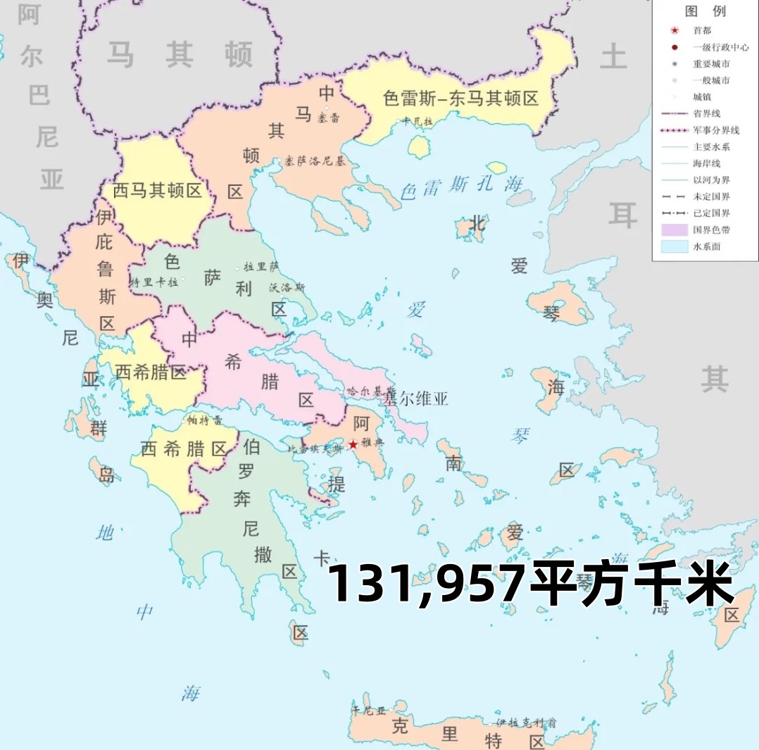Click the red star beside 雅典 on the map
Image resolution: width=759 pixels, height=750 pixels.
[353, 444]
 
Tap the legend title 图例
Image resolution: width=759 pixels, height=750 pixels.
[705, 12]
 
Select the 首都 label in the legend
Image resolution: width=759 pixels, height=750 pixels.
[701, 31]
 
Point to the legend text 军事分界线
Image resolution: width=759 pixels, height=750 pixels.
[715, 130]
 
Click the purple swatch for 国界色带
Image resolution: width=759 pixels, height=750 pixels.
[675, 230]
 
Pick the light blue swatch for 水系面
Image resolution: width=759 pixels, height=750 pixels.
[675, 247]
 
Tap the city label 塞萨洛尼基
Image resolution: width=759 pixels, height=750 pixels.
[315, 161]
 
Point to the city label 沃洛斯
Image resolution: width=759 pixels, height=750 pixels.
[287, 287]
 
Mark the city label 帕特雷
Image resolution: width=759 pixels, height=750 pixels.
[205, 420]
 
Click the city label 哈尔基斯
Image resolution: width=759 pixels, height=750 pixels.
[367, 390]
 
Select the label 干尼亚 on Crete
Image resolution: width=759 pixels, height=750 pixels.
[370, 710]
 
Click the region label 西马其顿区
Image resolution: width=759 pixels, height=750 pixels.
[158, 191]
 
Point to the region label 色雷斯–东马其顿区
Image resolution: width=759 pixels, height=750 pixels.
[460, 98]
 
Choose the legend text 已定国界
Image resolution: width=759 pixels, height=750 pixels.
[711, 213]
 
